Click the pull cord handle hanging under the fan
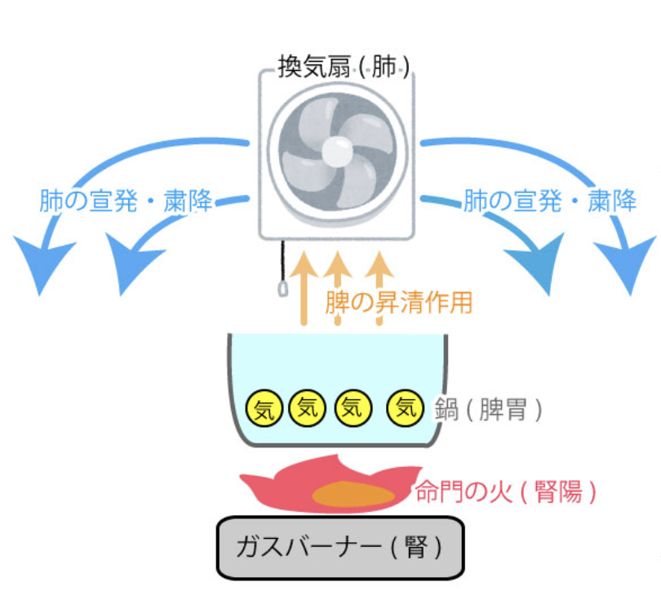[x=282, y=289]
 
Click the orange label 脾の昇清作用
[x=398, y=303]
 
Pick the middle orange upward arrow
[x=338, y=286]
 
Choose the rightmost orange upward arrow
[x=379, y=286]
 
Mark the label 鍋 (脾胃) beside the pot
[x=490, y=408]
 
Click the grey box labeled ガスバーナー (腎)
[x=339, y=546]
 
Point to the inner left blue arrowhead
[x=122, y=265]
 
